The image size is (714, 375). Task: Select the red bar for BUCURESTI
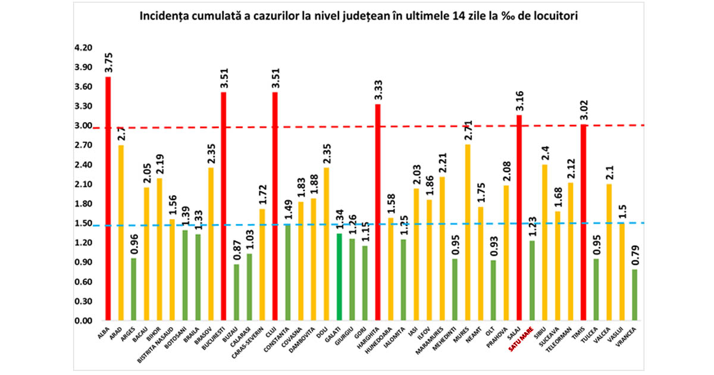224,206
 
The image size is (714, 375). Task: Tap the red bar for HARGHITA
377,212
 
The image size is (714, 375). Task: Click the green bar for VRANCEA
634,295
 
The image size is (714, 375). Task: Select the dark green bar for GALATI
339,277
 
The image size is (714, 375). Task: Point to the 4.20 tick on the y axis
83,48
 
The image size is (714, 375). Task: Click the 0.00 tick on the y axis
83,321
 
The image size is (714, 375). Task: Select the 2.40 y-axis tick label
83,165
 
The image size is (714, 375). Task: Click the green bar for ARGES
134,289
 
